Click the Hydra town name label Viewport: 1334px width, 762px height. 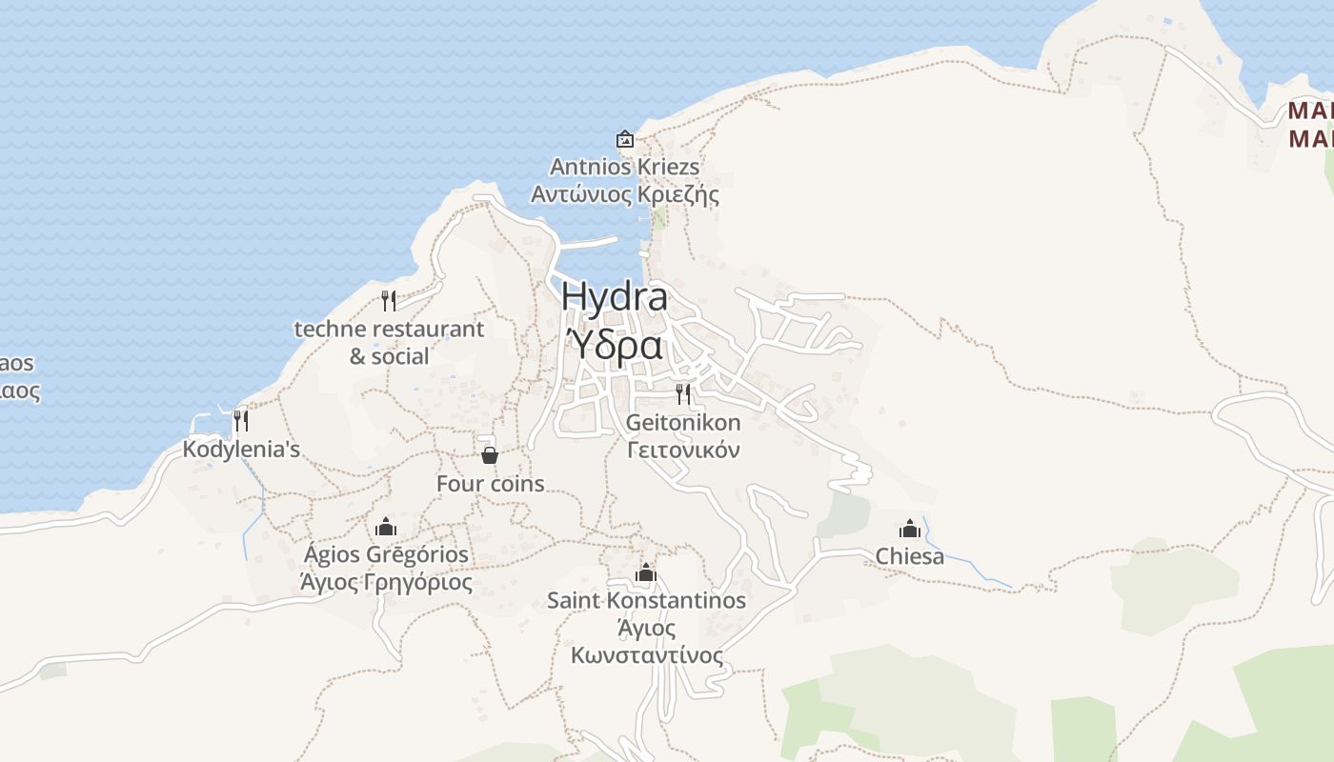pos(615,296)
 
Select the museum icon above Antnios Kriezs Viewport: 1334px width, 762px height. pos(625,140)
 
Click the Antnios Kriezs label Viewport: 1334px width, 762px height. pos(625,167)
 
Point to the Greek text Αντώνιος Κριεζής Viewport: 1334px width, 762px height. pos(625,195)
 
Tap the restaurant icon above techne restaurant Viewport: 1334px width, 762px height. pos(389,301)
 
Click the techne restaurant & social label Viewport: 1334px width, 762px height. pos(389,343)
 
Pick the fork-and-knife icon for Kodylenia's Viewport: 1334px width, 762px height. pos(241,420)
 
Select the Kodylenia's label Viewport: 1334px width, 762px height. pos(242,449)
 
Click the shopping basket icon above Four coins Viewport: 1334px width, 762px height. pos(490,455)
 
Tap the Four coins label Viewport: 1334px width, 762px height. pos(490,484)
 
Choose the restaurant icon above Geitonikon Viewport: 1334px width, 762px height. pos(683,393)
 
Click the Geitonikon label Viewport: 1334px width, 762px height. pos(683,422)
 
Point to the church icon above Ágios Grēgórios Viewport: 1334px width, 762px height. pos(385,527)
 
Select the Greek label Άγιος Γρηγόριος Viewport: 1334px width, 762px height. pos(386,582)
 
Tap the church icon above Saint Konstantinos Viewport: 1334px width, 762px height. pos(646,572)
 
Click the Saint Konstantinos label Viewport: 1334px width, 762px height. pos(646,601)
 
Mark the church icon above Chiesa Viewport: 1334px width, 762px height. pos(910,529)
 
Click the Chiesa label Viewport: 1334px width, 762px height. pos(910,556)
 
